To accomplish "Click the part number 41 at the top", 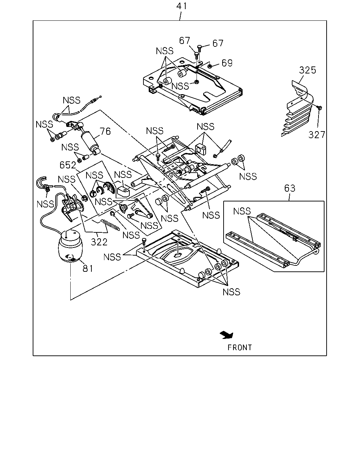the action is click(181, 6).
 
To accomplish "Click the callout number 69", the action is click(227, 63).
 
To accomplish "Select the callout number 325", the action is click(307, 70).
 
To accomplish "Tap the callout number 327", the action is click(317, 135).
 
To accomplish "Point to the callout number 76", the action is click(105, 131).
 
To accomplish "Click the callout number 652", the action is click(68, 165).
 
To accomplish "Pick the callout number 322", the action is click(99, 242).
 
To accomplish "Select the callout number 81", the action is click(88, 268).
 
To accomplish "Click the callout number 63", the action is click(290, 188).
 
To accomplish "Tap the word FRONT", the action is click(239, 348).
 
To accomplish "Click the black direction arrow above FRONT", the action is click(227, 335).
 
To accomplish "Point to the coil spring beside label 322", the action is click(110, 225).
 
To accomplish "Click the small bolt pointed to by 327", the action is click(320, 108).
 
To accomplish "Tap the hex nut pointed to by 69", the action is click(210, 66).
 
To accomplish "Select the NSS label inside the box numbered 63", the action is click(242, 211).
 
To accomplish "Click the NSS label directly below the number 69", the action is click(180, 86).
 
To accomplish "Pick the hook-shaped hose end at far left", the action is click(41, 181).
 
